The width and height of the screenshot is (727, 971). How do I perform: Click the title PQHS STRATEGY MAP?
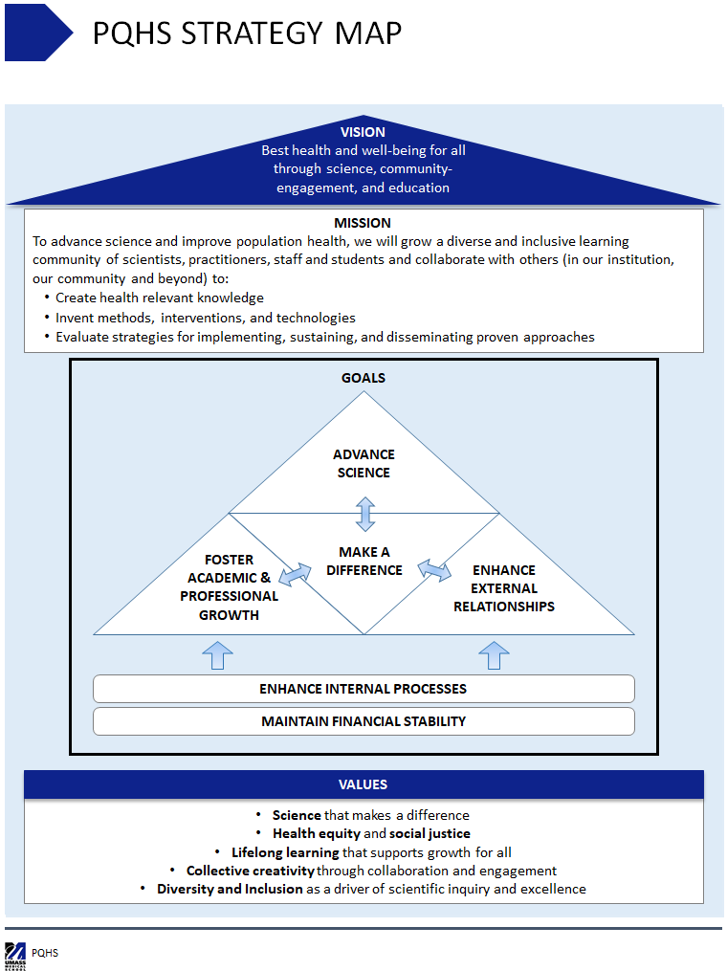coord(247,33)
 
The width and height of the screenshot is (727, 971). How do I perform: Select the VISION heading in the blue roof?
coord(363,132)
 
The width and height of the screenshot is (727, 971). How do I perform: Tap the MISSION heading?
coord(363,223)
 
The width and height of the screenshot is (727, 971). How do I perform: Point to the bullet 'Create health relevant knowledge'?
coord(159,298)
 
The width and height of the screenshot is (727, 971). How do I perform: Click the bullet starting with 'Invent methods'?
coord(205,318)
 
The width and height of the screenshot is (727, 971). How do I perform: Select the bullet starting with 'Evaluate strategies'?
coord(324,337)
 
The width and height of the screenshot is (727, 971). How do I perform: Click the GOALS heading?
coord(363,378)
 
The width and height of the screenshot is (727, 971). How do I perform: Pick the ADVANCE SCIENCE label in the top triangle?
coord(363,463)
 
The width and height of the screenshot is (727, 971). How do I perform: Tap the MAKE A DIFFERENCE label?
coord(363,561)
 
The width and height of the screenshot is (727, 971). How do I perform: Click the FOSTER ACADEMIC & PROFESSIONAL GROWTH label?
coord(230,586)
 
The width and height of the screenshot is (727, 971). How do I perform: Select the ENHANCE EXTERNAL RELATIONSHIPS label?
coord(503,588)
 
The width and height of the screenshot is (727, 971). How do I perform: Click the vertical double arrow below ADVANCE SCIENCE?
coord(364,513)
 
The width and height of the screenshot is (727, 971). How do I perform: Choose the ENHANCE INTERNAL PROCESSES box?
coord(363,689)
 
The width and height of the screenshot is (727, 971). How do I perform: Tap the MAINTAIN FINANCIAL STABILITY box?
coord(363,721)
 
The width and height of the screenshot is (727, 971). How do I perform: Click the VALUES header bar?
coord(363,784)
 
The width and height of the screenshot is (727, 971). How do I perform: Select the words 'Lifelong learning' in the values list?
coord(285,852)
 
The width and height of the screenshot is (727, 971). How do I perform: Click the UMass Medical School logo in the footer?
coord(14,954)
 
